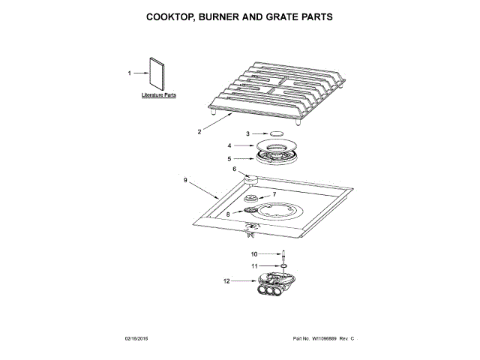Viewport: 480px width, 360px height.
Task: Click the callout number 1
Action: click(x=129, y=73)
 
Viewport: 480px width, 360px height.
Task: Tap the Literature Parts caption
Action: click(x=159, y=97)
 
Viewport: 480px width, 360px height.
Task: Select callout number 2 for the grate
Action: click(x=199, y=131)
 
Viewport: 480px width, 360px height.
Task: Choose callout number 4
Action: click(x=229, y=145)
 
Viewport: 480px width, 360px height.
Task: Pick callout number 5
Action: click(x=229, y=158)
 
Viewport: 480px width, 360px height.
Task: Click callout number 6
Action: click(x=234, y=169)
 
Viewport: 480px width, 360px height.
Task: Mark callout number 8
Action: click(x=229, y=214)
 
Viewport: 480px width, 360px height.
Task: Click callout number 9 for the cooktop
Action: click(x=185, y=180)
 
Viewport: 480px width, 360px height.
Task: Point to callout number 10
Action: click(x=254, y=254)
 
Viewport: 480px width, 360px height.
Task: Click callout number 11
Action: click(x=254, y=265)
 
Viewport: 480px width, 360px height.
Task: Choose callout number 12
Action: click(x=226, y=281)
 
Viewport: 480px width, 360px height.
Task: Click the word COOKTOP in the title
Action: click(x=174, y=16)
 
